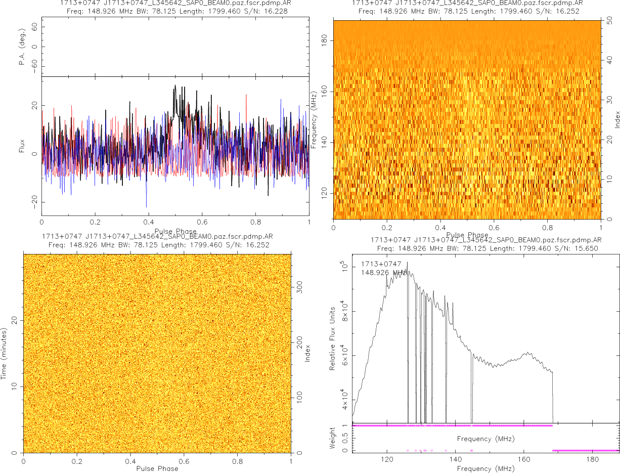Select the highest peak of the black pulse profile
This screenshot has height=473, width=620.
[175, 86]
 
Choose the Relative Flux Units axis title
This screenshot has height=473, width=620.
[332, 338]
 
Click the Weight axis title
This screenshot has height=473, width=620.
[332, 438]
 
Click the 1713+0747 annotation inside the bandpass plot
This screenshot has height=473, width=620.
[381, 264]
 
